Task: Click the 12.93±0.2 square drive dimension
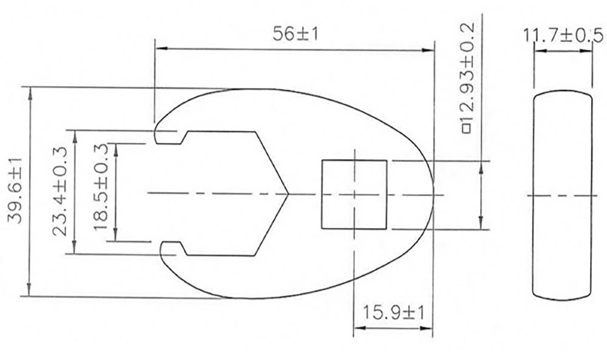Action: [468, 76]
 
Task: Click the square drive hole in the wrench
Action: [354, 194]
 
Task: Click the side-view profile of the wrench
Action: [563, 195]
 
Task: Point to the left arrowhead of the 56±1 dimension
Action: [159, 50]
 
